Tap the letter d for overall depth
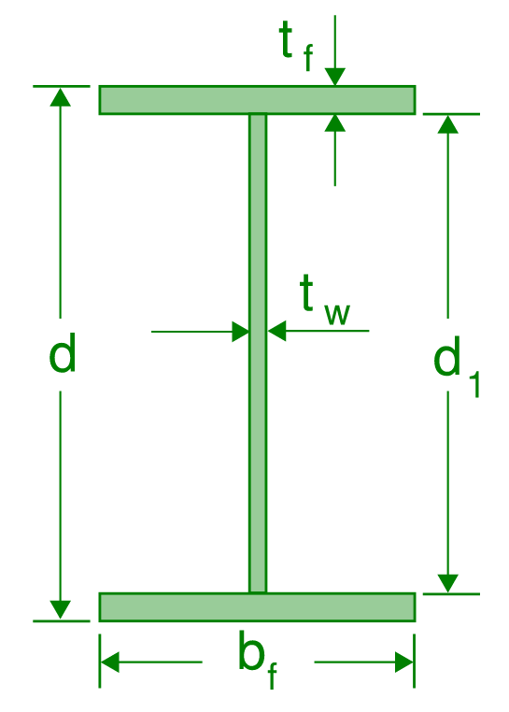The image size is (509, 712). coord(62,355)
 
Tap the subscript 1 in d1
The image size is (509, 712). coord(472,382)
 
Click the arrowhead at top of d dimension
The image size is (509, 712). coord(61,97)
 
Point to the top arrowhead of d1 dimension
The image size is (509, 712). coord(449,125)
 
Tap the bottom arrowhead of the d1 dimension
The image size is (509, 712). coord(449,582)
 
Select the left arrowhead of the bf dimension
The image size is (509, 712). coord(111,662)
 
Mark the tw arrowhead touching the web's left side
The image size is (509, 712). coord(239,331)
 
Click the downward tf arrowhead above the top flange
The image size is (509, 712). coord(335,76)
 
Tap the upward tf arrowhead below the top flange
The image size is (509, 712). coord(335,124)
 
